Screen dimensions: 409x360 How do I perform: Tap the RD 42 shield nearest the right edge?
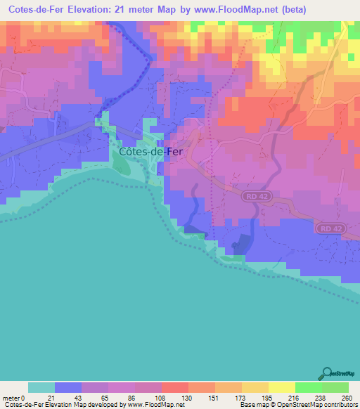coord(330,228)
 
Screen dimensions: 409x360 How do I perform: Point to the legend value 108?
coord(161,397)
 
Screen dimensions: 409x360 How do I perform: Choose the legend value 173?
coord(241,397)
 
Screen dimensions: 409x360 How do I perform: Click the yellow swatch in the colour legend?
coord(281,387)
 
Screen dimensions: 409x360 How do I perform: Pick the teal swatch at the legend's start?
coord(41,387)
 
